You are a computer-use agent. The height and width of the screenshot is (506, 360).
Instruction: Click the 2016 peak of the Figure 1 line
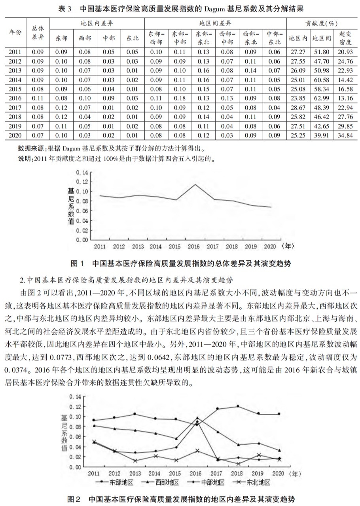tap(195, 184)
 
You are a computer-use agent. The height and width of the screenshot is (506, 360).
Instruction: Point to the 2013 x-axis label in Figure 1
tap(138, 246)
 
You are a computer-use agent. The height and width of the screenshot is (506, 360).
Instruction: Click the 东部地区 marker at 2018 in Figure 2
tap(238, 406)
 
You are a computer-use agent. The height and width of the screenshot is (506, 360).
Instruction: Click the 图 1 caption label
tap(77, 263)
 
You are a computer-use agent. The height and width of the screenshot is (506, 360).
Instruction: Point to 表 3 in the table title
tap(64, 8)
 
